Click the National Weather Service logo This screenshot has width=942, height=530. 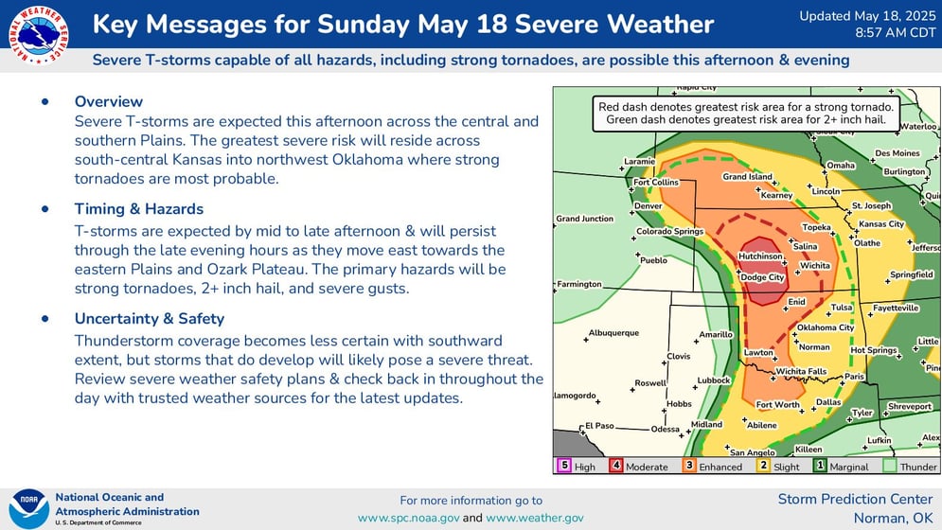tap(39, 35)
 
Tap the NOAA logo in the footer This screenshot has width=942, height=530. tap(28, 509)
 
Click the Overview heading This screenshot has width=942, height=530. tap(109, 101)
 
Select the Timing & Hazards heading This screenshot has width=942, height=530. tap(139, 209)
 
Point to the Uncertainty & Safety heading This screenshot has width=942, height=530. tap(150, 319)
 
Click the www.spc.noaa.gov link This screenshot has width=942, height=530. tap(409, 518)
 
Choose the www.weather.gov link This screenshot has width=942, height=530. tap(535, 518)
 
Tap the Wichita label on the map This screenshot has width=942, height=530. tap(814, 265)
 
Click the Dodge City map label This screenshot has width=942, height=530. tap(762, 277)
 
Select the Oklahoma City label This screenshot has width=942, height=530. tap(825, 327)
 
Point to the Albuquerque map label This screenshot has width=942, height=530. tap(613, 332)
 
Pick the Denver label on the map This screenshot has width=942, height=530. tap(649, 205)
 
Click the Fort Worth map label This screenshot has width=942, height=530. tap(777, 404)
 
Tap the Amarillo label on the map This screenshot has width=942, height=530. tap(716, 334)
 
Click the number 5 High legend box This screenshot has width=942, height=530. tap(563, 466)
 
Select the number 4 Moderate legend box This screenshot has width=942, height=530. tap(615, 466)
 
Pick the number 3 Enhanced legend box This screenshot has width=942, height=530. tap(689, 466)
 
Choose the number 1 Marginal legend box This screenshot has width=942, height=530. tap(820, 466)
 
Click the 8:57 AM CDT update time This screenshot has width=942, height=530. tap(896, 32)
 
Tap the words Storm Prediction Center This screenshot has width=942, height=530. tap(855, 499)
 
